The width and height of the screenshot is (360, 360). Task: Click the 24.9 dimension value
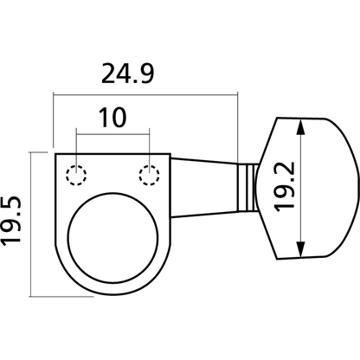click(x=128, y=74)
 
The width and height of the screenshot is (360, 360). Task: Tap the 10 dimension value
click(x=112, y=118)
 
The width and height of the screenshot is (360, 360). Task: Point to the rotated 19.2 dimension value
click(x=284, y=187)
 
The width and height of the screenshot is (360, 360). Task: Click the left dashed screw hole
click(x=76, y=175)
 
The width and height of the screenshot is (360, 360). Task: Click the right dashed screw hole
click(x=149, y=175)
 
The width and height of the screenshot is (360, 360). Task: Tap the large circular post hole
click(x=113, y=238)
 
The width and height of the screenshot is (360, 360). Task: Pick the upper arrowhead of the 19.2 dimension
click(x=300, y=127)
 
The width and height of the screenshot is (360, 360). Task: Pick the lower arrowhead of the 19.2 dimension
click(x=300, y=249)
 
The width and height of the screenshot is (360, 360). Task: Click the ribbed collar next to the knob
click(x=247, y=188)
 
